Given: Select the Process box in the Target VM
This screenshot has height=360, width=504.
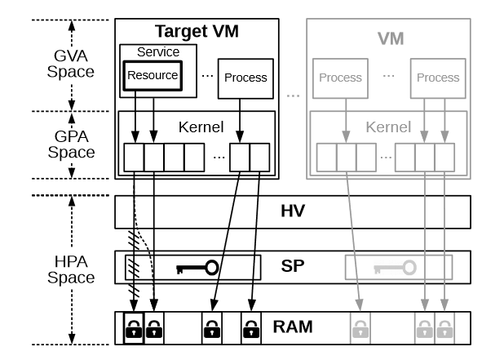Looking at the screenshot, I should click(245, 78).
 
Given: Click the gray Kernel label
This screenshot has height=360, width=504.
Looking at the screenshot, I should click(387, 127).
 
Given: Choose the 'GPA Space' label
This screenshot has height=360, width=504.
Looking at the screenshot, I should click(71, 144).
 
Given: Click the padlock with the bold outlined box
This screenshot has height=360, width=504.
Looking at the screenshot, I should click(133, 329).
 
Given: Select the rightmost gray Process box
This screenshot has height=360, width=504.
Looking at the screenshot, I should click(437, 78).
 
